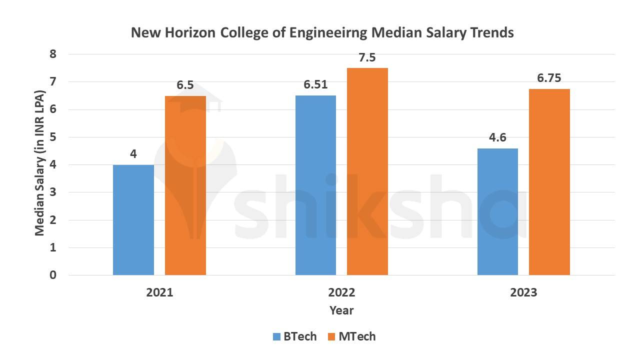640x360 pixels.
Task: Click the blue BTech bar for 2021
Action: click(133, 220)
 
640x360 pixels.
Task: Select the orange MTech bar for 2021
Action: click(185, 185)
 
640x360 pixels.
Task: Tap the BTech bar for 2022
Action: click(315, 185)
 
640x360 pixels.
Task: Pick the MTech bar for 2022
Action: click(367, 171)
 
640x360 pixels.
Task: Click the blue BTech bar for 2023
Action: click(497, 211)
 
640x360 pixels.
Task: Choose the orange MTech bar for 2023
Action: click(549, 182)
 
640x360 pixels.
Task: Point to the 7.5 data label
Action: click(367, 57)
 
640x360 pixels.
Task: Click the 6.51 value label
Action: click(315, 84)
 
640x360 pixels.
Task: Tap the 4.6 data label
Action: click(497, 137)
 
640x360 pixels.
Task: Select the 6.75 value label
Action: click(549, 78)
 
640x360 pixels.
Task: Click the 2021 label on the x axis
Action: click(159, 292)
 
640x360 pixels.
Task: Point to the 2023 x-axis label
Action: click(523, 292)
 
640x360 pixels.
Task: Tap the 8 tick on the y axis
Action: click(53, 54)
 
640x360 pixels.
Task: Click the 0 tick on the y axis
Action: click(53, 275)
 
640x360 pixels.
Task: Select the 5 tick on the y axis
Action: click(53, 137)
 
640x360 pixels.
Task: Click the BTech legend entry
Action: click(295, 336)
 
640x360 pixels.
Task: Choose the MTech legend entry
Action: click(351, 336)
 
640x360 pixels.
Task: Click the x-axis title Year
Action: click(341, 310)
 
